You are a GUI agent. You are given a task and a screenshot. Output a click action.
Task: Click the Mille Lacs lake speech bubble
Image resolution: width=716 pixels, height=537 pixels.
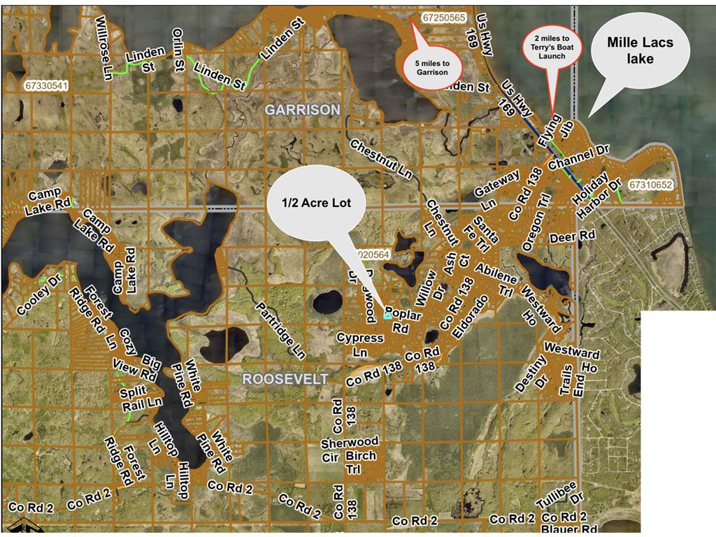point(640,51)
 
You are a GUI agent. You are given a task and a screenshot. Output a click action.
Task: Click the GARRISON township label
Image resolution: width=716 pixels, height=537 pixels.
point(302,110)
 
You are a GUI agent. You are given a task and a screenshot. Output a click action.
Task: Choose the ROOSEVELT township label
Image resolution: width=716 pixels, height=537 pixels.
point(285,378)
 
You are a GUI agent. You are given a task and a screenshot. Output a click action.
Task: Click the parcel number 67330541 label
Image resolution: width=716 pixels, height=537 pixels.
point(46,86)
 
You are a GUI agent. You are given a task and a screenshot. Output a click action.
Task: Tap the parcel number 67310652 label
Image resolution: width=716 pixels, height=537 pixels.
point(650,185)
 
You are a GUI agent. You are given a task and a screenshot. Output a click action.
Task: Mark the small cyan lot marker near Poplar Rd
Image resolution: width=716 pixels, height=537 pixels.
point(387,316)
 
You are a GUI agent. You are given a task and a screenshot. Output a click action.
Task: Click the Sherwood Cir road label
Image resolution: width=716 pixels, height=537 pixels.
point(350,448)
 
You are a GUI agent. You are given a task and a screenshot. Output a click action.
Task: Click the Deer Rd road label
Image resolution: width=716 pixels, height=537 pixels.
point(572,236)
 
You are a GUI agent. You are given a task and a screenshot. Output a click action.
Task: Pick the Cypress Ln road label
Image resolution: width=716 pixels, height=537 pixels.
point(360,344)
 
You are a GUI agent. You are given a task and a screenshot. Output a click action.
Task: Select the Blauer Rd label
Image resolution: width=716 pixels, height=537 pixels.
point(570,529)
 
